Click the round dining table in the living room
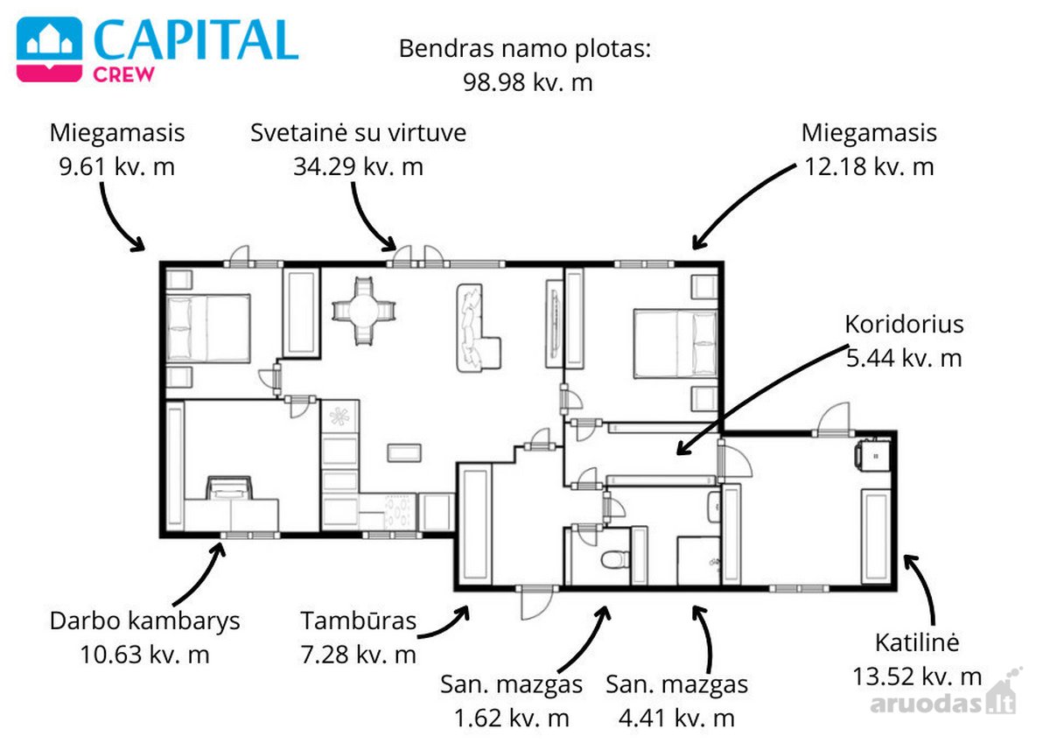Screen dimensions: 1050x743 [363, 311]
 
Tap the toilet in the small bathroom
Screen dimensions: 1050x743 [615, 559]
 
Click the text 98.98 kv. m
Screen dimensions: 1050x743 [528, 82]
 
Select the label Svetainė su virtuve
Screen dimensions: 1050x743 [358, 133]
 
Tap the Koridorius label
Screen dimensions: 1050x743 [904, 325]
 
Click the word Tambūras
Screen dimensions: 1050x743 [359, 620]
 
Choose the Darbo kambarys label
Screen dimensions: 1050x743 [145, 620]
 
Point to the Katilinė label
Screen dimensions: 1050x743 [917, 642]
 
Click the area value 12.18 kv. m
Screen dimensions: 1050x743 [869, 167]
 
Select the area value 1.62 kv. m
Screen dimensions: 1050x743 [511, 718]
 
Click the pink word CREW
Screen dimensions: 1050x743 [123, 74]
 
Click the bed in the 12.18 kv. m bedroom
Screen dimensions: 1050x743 [675, 343]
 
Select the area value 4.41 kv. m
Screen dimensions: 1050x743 [676, 718]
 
